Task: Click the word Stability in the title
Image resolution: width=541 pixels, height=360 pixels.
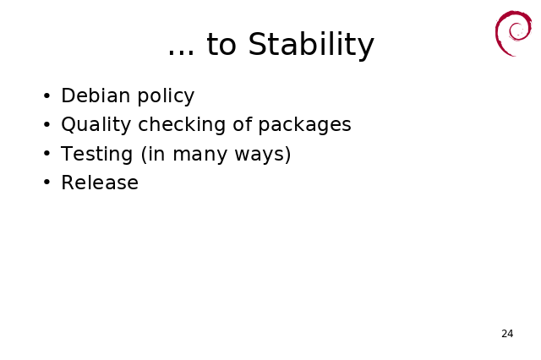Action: (x=311, y=45)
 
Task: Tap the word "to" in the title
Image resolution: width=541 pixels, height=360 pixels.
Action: (x=221, y=45)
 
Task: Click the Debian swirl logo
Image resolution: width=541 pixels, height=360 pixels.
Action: (x=513, y=33)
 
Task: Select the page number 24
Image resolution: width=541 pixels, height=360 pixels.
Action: (x=507, y=334)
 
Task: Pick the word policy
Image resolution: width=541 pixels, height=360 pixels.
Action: (x=166, y=96)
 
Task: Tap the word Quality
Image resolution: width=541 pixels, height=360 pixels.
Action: (x=96, y=124)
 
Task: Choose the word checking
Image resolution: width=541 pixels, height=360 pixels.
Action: (x=182, y=124)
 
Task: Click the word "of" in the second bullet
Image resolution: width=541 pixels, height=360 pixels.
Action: (x=243, y=124)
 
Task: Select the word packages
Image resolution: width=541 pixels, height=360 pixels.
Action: (x=304, y=126)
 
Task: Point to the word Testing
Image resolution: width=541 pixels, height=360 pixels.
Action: (x=96, y=154)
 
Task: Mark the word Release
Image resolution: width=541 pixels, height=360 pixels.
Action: (x=100, y=183)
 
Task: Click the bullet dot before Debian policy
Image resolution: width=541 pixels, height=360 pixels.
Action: (x=47, y=95)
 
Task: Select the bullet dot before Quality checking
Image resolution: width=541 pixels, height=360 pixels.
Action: (x=47, y=124)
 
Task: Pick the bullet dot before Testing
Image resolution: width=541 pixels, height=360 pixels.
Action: (x=47, y=154)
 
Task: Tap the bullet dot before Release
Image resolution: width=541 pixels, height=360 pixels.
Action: (x=47, y=183)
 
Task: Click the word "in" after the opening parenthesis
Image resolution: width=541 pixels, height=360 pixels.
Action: (x=156, y=154)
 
